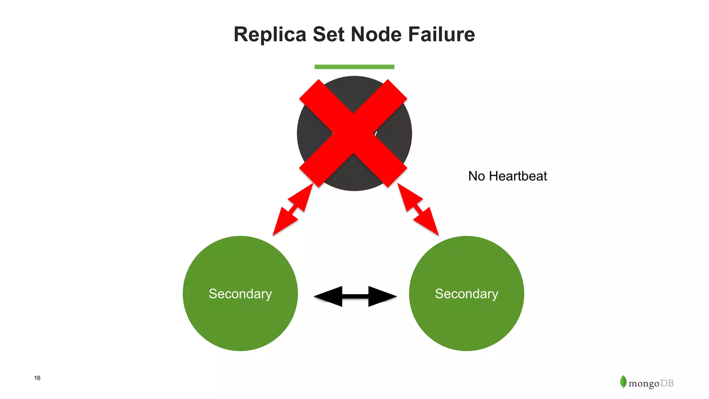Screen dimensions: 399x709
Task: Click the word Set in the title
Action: (x=328, y=35)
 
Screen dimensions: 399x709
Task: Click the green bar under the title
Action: (x=354, y=67)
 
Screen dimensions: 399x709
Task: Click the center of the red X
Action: (x=353, y=133)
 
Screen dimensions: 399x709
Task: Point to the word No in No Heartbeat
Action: (x=476, y=176)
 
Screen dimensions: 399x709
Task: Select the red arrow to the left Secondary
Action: (x=293, y=209)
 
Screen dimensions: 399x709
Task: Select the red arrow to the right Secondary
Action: (x=418, y=209)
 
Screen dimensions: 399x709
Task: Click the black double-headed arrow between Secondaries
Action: (x=355, y=296)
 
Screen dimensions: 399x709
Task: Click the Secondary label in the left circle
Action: (x=240, y=294)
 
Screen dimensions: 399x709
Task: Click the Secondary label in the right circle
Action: (x=466, y=294)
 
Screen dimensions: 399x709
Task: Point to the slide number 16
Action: (x=37, y=378)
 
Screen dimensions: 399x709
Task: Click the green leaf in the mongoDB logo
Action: (x=623, y=382)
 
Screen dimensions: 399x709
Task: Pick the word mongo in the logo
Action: (x=644, y=384)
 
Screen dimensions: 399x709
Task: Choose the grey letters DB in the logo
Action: (x=667, y=383)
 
